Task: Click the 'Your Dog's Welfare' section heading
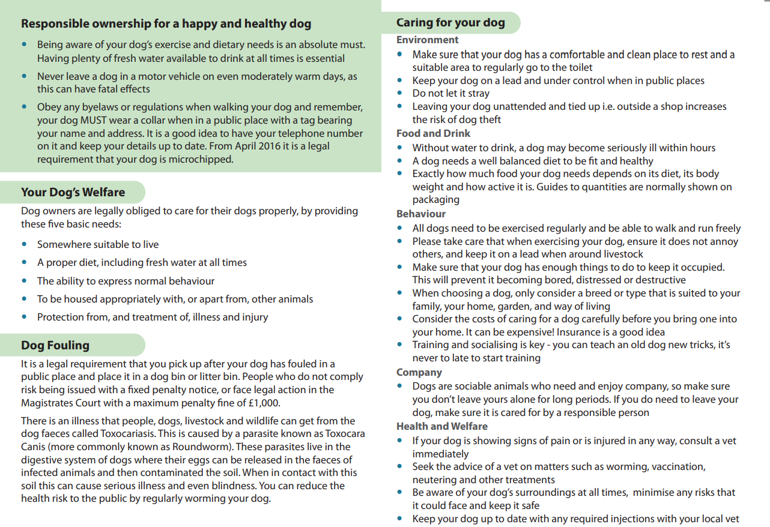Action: click(73, 192)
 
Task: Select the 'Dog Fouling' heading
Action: click(55, 345)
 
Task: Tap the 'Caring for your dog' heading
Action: click(450, 23)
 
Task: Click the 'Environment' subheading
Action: click(427, 40)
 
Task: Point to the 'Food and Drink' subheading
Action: click(433, 133)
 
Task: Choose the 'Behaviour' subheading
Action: click(420, 214)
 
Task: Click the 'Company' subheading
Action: click(419, 372)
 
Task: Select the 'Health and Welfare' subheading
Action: click(441, 426)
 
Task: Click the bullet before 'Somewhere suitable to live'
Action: click(24, 244)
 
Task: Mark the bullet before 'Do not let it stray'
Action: click(400, 94)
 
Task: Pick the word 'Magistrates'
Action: click(47, 403)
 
